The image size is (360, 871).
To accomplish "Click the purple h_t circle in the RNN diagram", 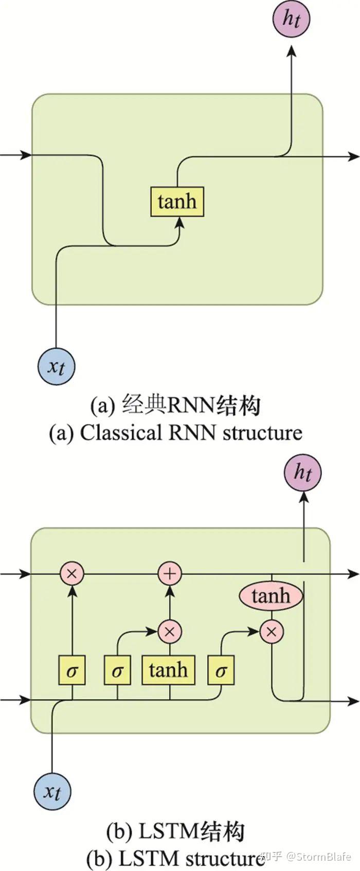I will click(x=291, y=19).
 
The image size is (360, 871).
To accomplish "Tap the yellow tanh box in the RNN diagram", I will click(x=177, y=201).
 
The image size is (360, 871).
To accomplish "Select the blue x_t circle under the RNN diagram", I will click(x=57, y=367).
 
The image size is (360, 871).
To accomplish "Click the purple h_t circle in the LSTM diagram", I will click(x=303, y=472).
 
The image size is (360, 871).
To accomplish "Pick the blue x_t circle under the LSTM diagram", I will click(x=52, y=791).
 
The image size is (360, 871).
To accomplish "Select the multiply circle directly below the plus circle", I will click(x=170, y=631).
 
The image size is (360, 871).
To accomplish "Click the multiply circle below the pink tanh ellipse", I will click(x=271, y=631).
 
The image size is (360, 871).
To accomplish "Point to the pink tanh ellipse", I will click(x=271, y=596).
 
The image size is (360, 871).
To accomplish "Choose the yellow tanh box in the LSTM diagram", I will click(x=169, y=670).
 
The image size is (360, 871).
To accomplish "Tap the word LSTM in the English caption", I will click(x=149, y=858).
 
